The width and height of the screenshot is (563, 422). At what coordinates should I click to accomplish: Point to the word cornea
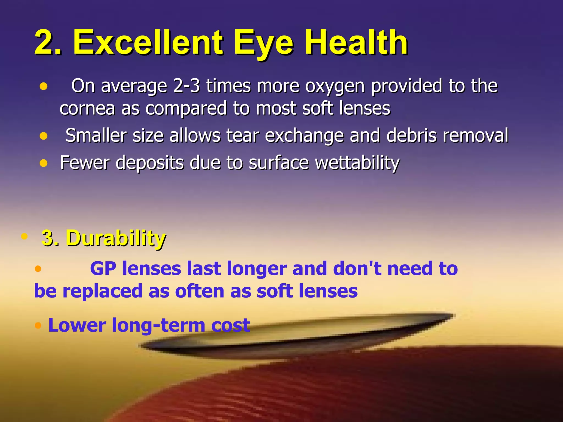87,108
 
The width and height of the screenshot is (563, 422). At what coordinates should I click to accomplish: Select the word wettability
357,163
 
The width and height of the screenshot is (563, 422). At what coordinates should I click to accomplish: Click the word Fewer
84,163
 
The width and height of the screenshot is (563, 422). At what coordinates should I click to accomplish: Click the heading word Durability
116,238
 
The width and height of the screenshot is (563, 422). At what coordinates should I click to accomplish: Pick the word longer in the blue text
257,269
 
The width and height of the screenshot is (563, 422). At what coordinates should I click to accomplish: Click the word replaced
102,291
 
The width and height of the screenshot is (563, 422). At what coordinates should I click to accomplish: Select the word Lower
77,325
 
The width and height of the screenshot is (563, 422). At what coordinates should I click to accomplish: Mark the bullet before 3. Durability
24,236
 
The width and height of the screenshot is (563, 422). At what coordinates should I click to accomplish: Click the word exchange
304,135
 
